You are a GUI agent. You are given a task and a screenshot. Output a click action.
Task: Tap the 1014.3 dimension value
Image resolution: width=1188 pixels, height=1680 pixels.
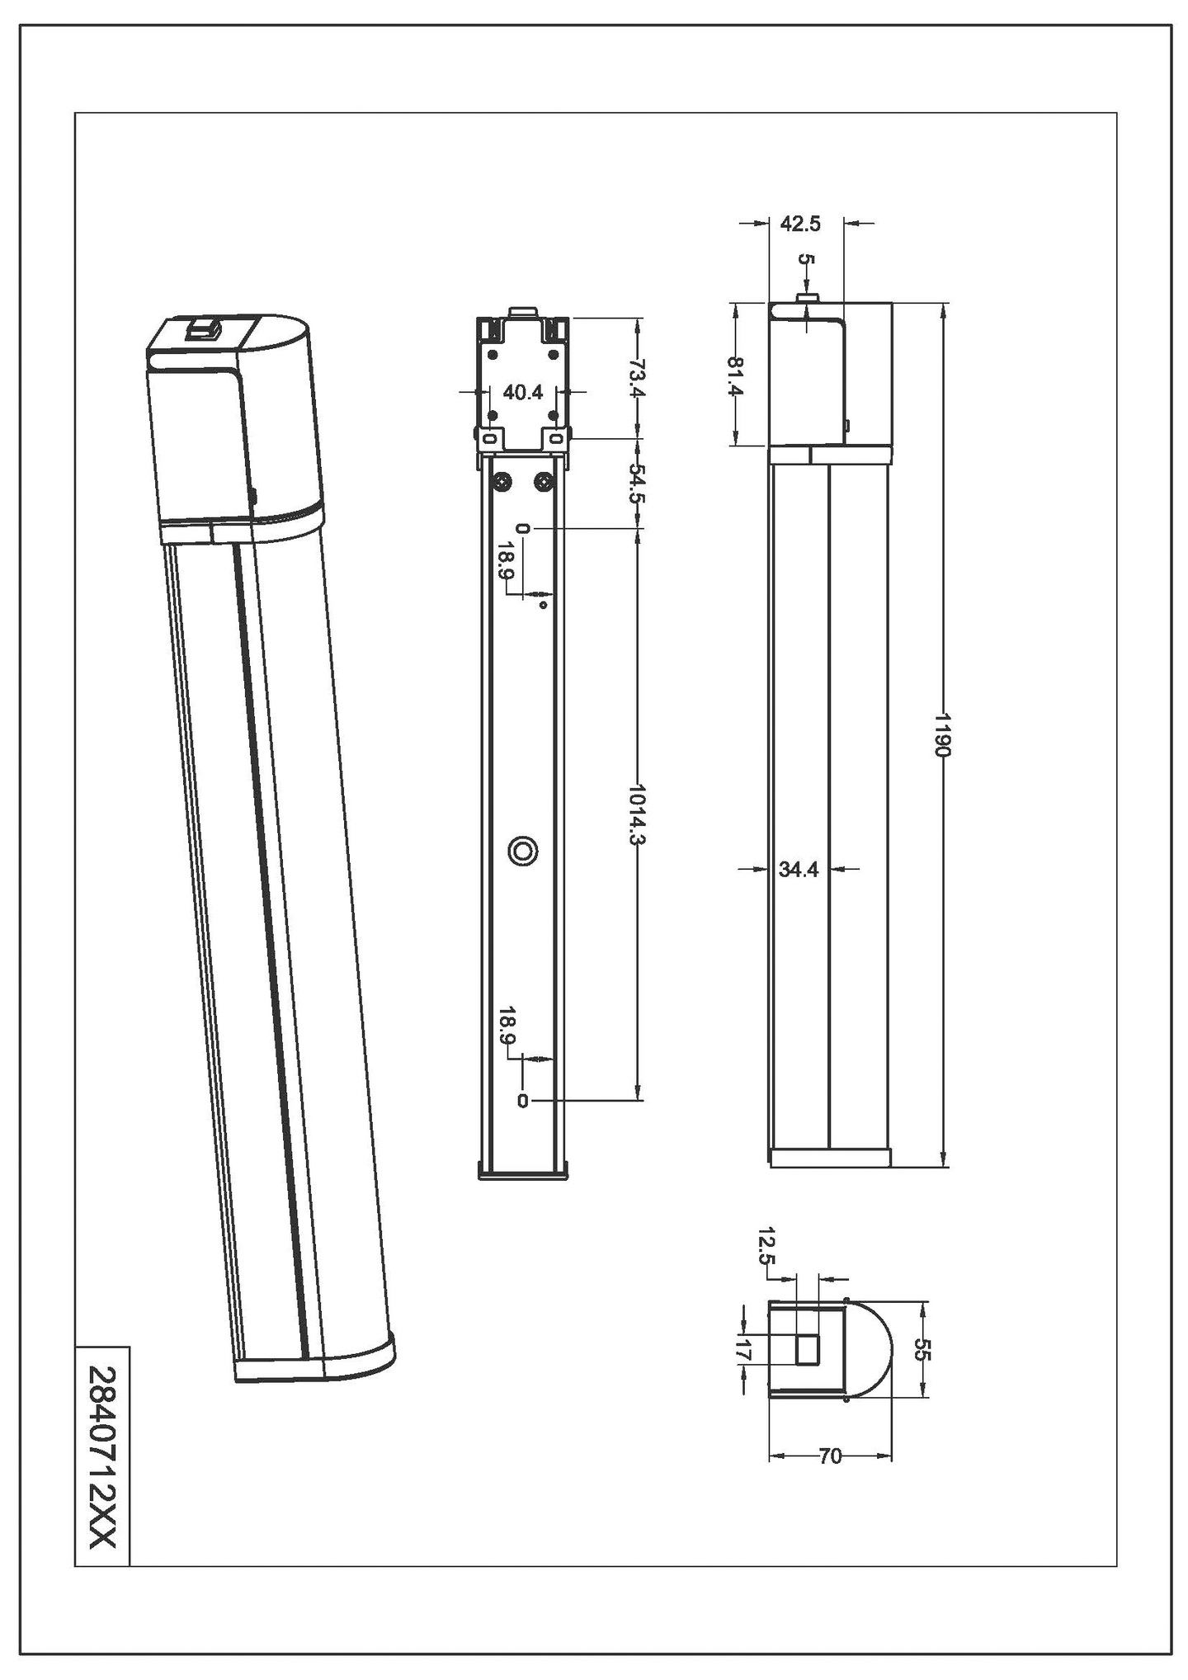click(636, 814)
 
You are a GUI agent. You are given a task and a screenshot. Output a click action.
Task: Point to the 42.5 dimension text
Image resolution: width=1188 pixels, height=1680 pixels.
click(799, 224)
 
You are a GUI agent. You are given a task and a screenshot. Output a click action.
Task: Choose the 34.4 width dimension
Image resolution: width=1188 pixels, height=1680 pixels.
click(798, 869)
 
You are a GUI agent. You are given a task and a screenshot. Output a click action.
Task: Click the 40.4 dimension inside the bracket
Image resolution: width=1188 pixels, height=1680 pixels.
click(523, 392)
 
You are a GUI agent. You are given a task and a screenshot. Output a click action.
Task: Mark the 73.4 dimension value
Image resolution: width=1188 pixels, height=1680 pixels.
click(636, 376)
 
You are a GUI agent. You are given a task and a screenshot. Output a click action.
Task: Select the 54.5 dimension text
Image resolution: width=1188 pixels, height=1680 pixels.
click(636, 484)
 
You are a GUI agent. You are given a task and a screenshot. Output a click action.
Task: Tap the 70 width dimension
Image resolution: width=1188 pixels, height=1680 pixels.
click(831, 1457)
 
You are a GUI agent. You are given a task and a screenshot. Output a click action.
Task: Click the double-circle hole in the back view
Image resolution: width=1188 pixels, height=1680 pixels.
click(523, 851)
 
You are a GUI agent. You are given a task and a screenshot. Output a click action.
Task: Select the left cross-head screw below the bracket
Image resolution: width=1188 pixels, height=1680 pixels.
click(502, 481)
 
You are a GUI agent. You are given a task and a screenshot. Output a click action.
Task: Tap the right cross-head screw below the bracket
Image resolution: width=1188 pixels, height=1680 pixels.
click(544, 481)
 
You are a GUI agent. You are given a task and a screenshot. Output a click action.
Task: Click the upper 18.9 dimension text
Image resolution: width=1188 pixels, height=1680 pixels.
click(507, 561)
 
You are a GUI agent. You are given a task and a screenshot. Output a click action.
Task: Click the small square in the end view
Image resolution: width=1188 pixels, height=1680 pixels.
click(806, 1350)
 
